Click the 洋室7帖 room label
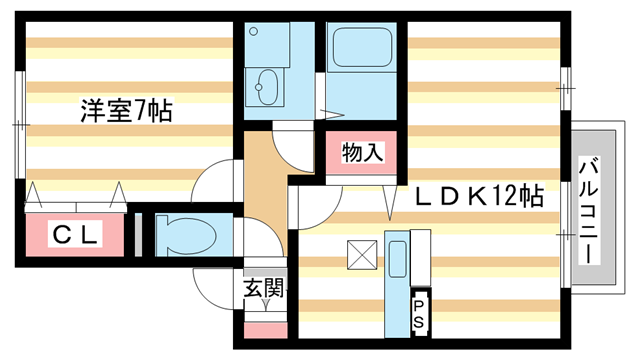tap(127, 111)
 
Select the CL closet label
tap(75, 236)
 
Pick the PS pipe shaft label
tap(420, 313)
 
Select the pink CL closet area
tap(75, 236)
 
